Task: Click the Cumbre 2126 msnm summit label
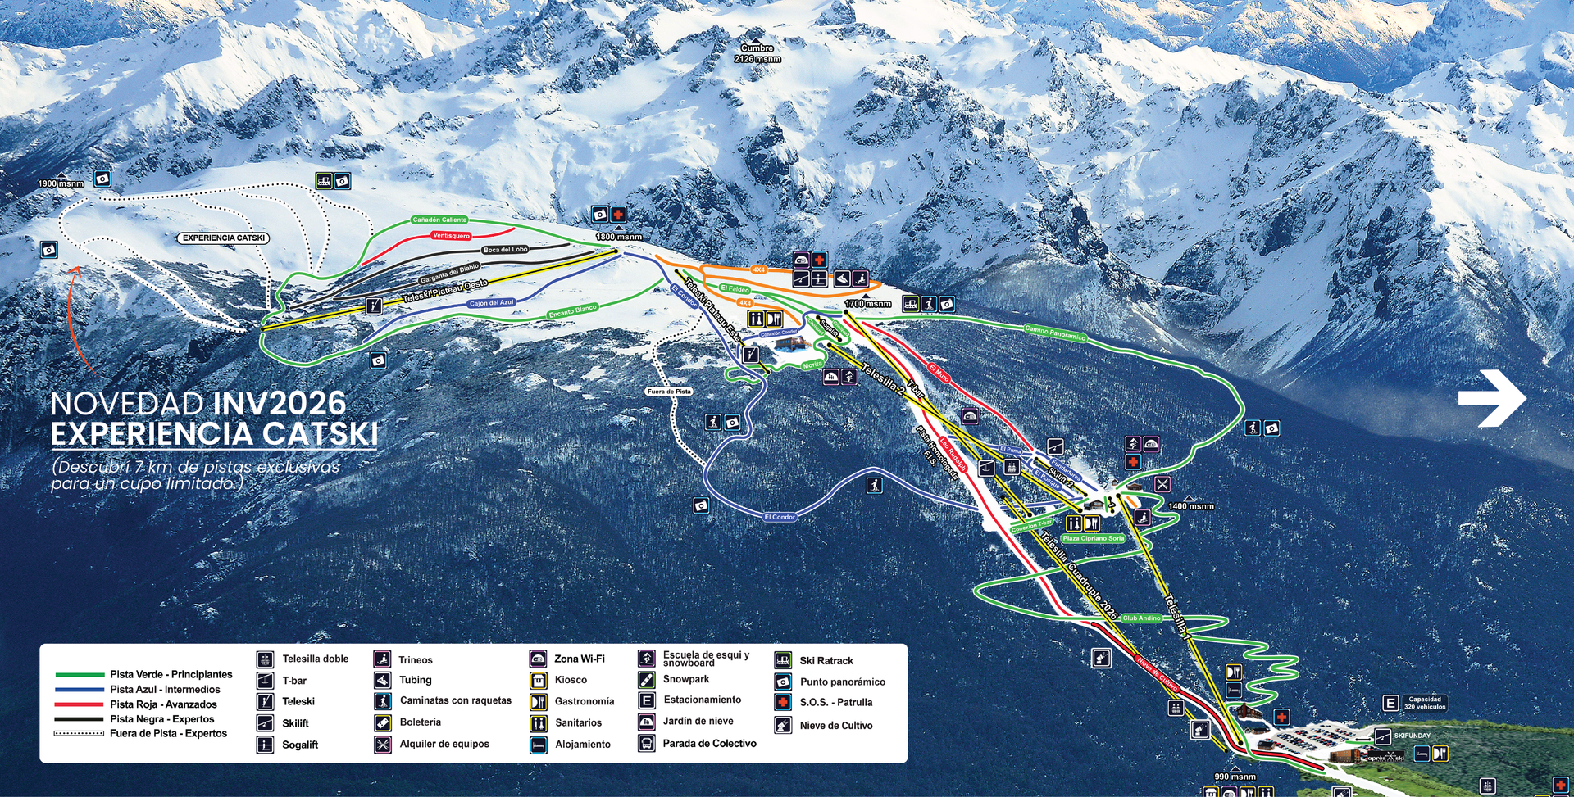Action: click(x=757, y=54)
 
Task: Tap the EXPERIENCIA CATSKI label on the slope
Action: click(x=224, y=238)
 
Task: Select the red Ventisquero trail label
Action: click(x=451, y=236)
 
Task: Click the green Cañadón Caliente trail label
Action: click(x=439, y=220)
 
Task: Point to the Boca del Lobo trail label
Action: click(x=505, y=249)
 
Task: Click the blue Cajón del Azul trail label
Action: click(x=492, y=303)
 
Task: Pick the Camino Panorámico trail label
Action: click(x=1055, y=333)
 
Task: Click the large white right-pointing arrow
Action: click(x=1491, y=398)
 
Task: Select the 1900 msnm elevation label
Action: click(x=61, y=183)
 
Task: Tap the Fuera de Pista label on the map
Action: click(x=669, y=392)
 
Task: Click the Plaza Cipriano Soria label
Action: click(x=1094, y=538)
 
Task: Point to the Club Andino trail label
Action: click(x=1141, y=618)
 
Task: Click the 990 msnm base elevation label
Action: click(x=1235, y=777)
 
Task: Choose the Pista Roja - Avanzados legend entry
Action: click(x=163, y=704)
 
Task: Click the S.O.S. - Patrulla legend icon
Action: click(x=783, y=703)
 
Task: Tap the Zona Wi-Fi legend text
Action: click(x=579, y=659)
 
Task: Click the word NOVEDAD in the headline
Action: click(x=127, y=404)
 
